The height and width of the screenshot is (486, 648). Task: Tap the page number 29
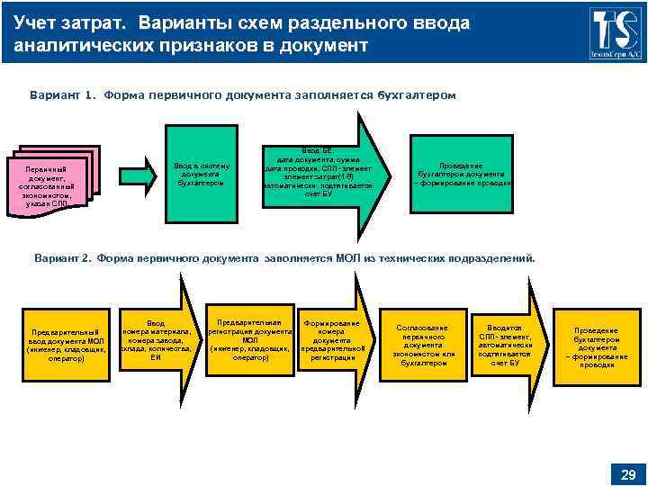tap(628, 474)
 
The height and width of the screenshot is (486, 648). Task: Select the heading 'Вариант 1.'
tap(64, 94)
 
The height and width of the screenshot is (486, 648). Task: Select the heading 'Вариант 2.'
tap(63, 258)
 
